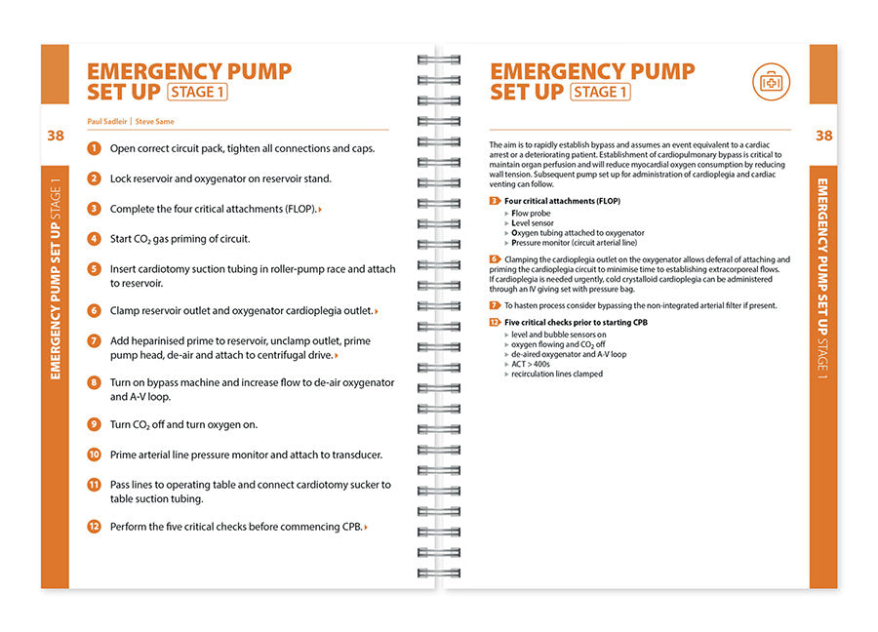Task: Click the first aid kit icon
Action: tap(771, 82)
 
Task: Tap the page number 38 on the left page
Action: tap(55, 136)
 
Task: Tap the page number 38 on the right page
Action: tap(823, 136)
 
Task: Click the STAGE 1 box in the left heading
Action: tap(198, 93)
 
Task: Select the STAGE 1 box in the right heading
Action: tap(601, 93)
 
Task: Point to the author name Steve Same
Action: tap(155, 121)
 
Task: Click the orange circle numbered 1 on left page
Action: tap(94, 149)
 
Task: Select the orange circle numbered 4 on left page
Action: tap(94, 239)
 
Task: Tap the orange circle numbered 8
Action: tap(94, 382)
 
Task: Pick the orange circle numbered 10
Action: tap(94, 454)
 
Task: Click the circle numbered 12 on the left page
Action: tap(94, 527)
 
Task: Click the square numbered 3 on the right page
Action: tap(495, 201)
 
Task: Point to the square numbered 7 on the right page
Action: tap(495, 305)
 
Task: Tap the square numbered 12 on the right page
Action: tap(495, 322)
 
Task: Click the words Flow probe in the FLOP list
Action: tap(532, 212)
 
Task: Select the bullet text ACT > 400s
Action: tap(533, 364)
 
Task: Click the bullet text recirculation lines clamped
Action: tap(557, 374)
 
